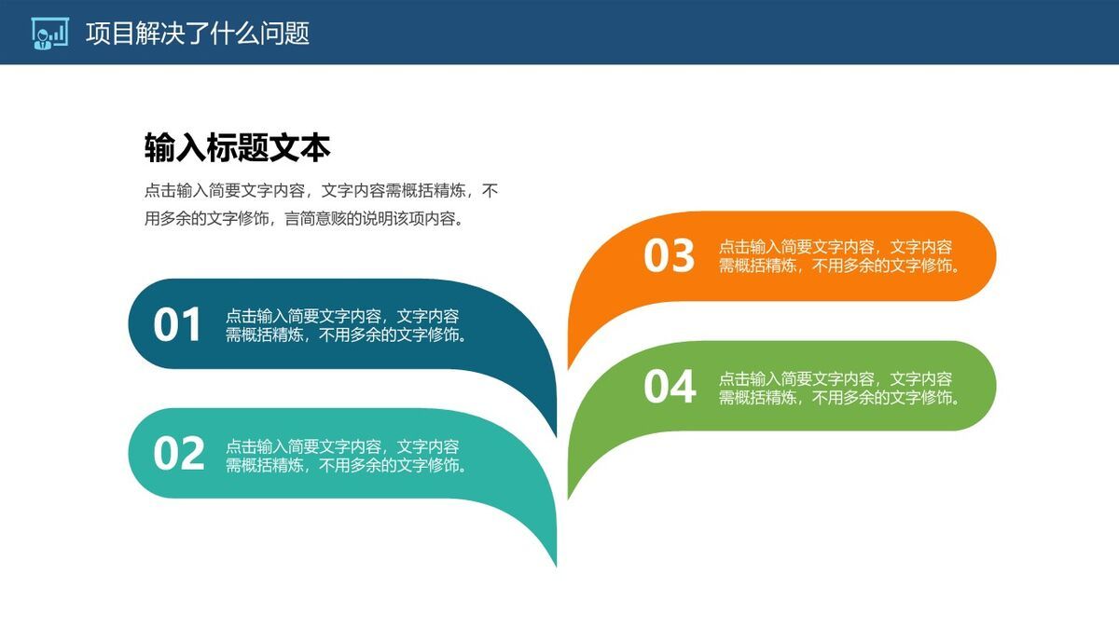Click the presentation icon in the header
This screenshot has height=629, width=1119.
[x=49, y=33]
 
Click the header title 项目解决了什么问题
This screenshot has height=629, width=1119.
[x=197, y=34]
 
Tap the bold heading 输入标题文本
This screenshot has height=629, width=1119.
[x=237, y=147]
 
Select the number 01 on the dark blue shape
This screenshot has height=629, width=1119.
[x=177, y=325]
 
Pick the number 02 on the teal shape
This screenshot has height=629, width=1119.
[x=178, y=454]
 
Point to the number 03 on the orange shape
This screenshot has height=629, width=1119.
[x=670, y=256]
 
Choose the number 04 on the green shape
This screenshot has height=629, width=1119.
[x=670, y=387]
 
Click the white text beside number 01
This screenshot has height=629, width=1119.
[x=346, y=326]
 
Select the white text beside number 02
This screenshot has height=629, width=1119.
[x=346, y=456]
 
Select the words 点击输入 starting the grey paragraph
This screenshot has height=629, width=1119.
[x=176, y=191]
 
